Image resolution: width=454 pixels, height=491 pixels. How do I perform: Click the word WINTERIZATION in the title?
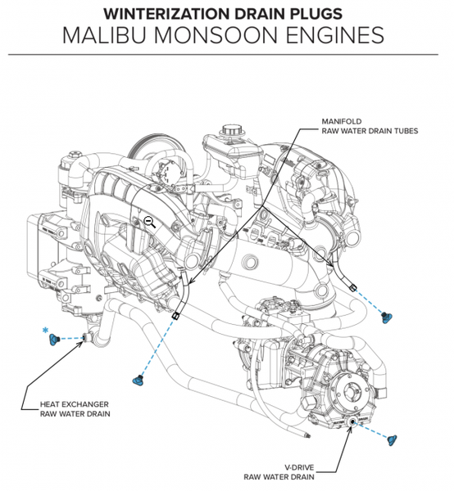(x=167, y=14)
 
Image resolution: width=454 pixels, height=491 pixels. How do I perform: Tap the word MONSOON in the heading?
(x=216, y=35)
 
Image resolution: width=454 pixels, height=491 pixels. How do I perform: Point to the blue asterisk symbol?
(x=45, y=331)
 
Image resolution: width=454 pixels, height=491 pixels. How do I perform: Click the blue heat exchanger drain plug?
(x=54, y=339)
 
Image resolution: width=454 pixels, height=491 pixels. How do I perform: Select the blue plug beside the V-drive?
(x=392, y=439)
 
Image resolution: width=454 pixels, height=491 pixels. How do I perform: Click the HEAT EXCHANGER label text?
(x=75, y=404)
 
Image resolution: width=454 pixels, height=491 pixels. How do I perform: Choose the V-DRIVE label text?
(x=299, y=467)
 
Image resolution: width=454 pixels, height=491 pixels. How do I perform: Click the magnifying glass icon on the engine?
(x=149, y=222)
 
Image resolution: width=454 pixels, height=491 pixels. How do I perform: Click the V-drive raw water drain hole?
(x=352, y=422)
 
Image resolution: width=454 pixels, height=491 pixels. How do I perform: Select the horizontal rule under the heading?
(x=223, y=55)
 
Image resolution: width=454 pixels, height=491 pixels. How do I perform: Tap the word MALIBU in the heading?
(x=104, y=35)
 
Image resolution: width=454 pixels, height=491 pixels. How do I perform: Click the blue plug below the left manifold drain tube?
(x=138, y=381)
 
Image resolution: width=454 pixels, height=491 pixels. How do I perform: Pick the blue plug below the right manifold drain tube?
(x=384, y=318)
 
